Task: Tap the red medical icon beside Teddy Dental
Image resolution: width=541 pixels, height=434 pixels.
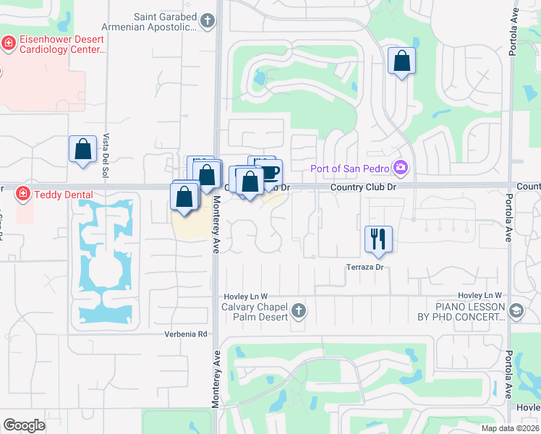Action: pyautogui.click(x=22, y=194)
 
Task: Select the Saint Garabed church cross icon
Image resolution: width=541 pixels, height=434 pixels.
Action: pyautogui.click(x=208, y=20)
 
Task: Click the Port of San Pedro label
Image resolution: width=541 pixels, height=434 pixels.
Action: pyautogui.click(x=350, y=169)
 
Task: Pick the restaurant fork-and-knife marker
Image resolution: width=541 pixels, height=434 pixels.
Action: pyautogui.click(x=378, y=238)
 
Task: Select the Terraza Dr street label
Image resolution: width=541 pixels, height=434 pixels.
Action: pyautogui.click(x=364, y=267)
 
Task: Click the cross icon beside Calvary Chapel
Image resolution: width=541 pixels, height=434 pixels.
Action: pyautogui.click(x=299, y=312)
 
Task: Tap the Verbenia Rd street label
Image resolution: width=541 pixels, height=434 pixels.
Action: pyautogui.click(x=186, y=334)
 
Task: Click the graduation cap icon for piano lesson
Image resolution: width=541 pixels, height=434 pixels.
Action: pyautogui.click(x=516, y=312)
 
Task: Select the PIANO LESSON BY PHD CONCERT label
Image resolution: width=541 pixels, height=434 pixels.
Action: pyautogui.click(x=460, y=312)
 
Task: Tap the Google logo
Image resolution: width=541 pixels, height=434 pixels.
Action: pyautogui.click(x=24, y=425)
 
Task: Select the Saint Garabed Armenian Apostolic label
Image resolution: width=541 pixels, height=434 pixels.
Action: pyautogui.click(x=149, y=22)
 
